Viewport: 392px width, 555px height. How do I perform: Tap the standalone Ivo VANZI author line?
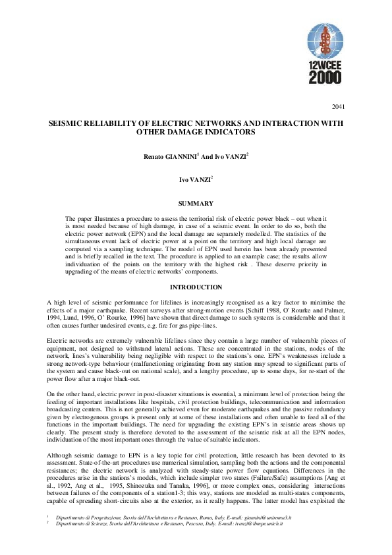coord(197,179)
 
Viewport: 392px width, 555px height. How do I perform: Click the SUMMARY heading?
coord(196,203)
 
